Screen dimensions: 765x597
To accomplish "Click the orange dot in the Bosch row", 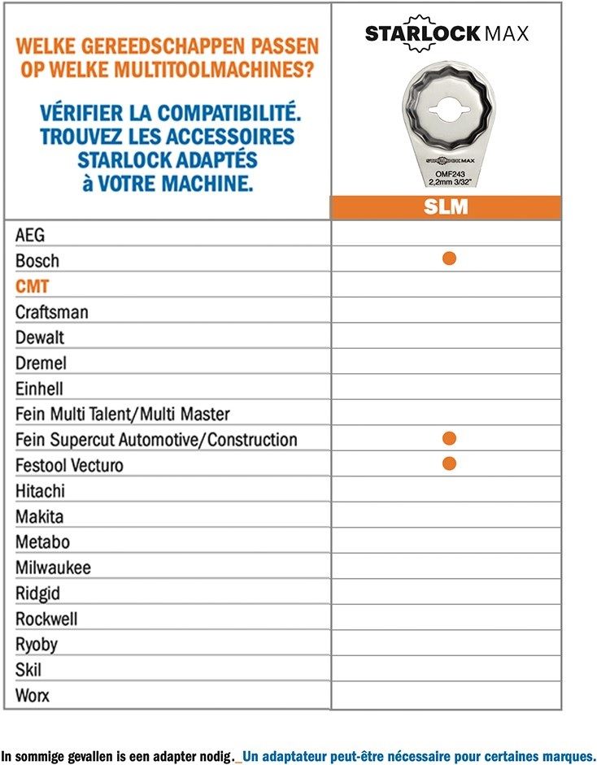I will pyautogui.click(x=448, y=259).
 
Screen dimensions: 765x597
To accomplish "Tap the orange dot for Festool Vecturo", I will pyautogui.click(x=448, y=463).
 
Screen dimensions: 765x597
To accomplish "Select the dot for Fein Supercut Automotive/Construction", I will pyautogui.click(x=448, y=438).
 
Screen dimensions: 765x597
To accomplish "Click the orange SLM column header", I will pyautogui.click(x=446, y=207).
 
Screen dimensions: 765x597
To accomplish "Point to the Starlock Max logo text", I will pyautogui.click(x=446, y=33).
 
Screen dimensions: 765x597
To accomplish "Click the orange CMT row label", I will pyautogui.click(x=32, y=286).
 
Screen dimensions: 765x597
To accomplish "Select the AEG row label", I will pyautogui.click(x=30, y=235).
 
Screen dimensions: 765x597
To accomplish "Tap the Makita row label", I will pyautogui.click(x=39, y=516).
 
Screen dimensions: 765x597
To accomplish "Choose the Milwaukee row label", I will pyautogui.click(x=53, y=567).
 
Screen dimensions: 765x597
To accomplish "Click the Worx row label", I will pyautogui.click(x=33, y=696).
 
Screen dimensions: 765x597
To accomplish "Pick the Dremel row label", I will pyautogui.click(x=41, y=363).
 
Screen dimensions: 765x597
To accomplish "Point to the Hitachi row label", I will pyautogui.click(x=40, y=491).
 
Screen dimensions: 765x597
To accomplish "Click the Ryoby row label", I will pyautogui.click(x=37, y=645).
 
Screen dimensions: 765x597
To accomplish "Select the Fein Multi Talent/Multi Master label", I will pyautogui.click(x=123, y=414).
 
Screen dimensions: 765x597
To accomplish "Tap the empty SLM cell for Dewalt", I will pyautogui.click(x=446, y=336).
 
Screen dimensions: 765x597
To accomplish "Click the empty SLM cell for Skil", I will pyautogui.click(x=446, y=669).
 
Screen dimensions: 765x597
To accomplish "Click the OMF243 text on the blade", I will pyautogui.click(x=445, y=173).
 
